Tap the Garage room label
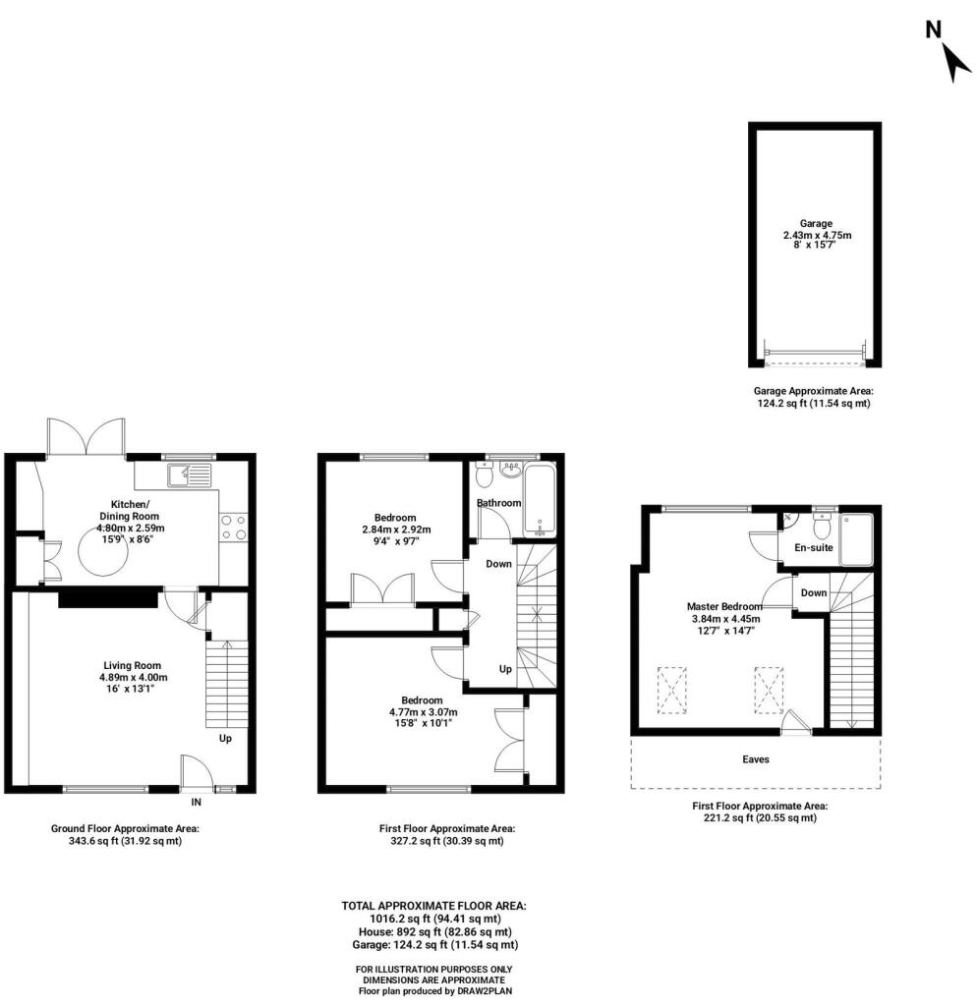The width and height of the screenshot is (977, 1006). point(816,223)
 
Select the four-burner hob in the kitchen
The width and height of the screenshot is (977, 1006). point(233,528)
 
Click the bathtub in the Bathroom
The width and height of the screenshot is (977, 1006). point(542,499)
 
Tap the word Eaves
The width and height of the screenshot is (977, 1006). point(755,759)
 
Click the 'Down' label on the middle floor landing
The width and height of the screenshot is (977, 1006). point(499,564)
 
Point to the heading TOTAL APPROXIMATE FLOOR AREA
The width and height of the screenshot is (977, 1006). point(433,905)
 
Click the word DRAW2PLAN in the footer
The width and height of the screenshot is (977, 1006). point(484,991)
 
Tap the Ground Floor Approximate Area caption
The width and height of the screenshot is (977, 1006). point(132,828)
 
